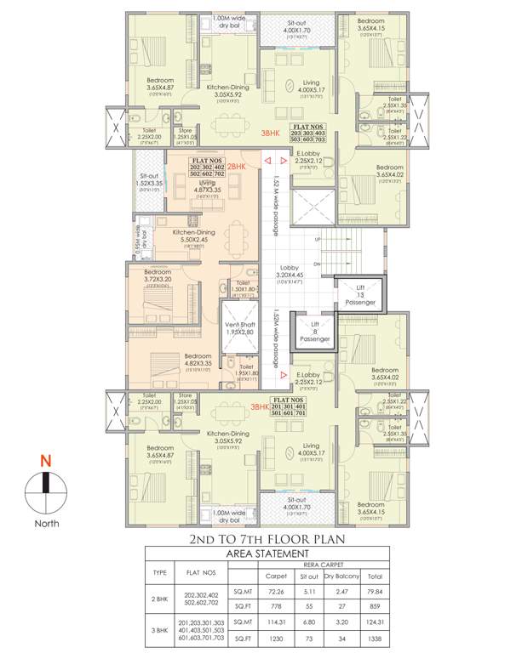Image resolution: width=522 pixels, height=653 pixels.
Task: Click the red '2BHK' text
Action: [237, 168]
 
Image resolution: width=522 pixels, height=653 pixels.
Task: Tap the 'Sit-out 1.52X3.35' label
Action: [149, 184]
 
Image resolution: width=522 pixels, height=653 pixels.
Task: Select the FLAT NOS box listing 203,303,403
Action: [308, 135]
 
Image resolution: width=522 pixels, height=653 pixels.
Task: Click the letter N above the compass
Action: [46, 463]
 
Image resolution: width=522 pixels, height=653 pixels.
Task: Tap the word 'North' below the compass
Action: [46, 524]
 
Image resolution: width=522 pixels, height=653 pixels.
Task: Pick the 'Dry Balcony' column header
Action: [343, 576]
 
